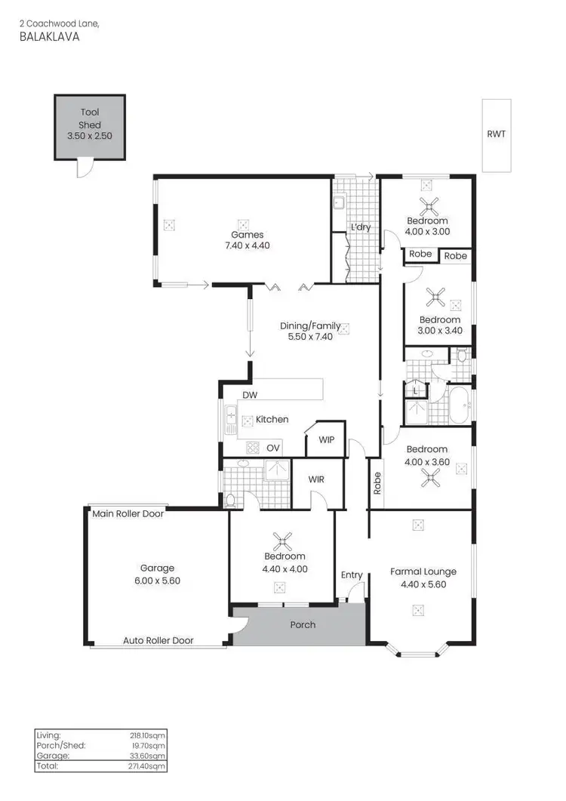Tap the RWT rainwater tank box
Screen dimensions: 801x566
(x=496, y=134)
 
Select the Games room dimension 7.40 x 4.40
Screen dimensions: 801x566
(x=241, y=245)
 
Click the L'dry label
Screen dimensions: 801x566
(x=360, y=227)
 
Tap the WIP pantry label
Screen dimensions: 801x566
(x=326, y=440)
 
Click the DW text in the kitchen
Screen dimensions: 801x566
(x=250, y=395)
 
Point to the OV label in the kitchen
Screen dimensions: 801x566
(x=273, y=448)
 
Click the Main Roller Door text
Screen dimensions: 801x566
(x=128, y=514)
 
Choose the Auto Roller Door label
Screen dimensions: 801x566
(x=158, y=640)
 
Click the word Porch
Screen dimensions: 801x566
(x=303, y=624)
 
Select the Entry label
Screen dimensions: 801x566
(x=352, y=575)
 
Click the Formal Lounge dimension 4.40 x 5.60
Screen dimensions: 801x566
(x=423, y=585)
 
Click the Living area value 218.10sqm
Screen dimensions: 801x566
(x=148, y=735)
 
